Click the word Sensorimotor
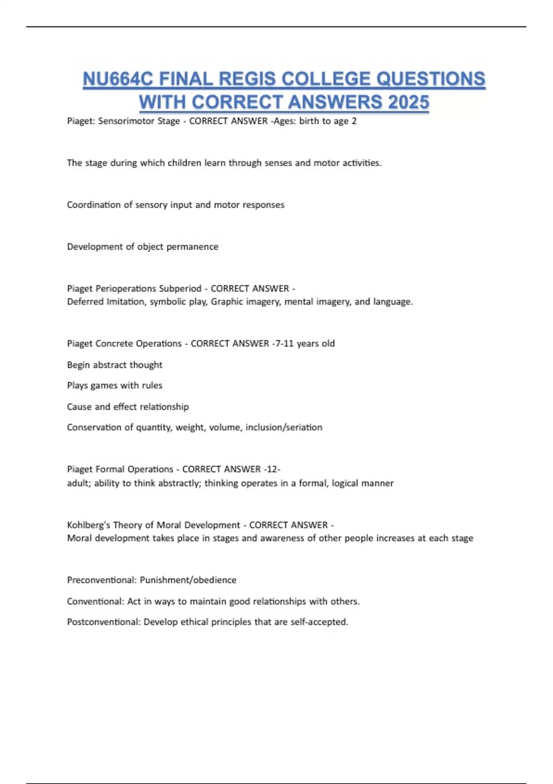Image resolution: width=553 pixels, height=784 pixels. click(x=139, y=121)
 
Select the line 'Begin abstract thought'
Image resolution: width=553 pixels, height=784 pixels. click(x=115, y=365)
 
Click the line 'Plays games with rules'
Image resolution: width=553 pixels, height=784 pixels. click(x=115, y=386)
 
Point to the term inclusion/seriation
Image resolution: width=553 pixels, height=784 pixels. click(x=284, y=428)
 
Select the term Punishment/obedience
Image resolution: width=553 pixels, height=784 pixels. click(x=188, y=580)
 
